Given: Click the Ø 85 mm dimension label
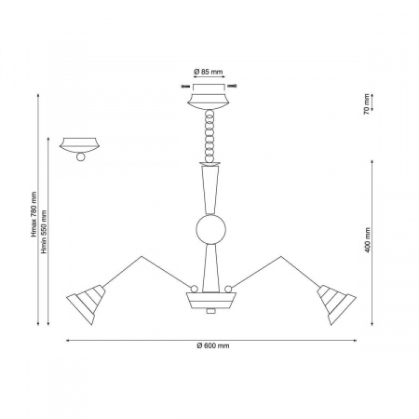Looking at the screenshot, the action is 209,72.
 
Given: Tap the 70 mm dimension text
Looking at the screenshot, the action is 367,104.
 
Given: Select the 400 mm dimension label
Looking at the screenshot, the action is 368,240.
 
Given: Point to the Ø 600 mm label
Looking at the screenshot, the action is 213,345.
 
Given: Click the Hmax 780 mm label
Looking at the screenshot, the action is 34,214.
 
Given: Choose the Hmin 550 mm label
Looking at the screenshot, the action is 44,232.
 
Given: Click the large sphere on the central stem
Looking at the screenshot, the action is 210,229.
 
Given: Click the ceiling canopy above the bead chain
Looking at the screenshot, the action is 209,101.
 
